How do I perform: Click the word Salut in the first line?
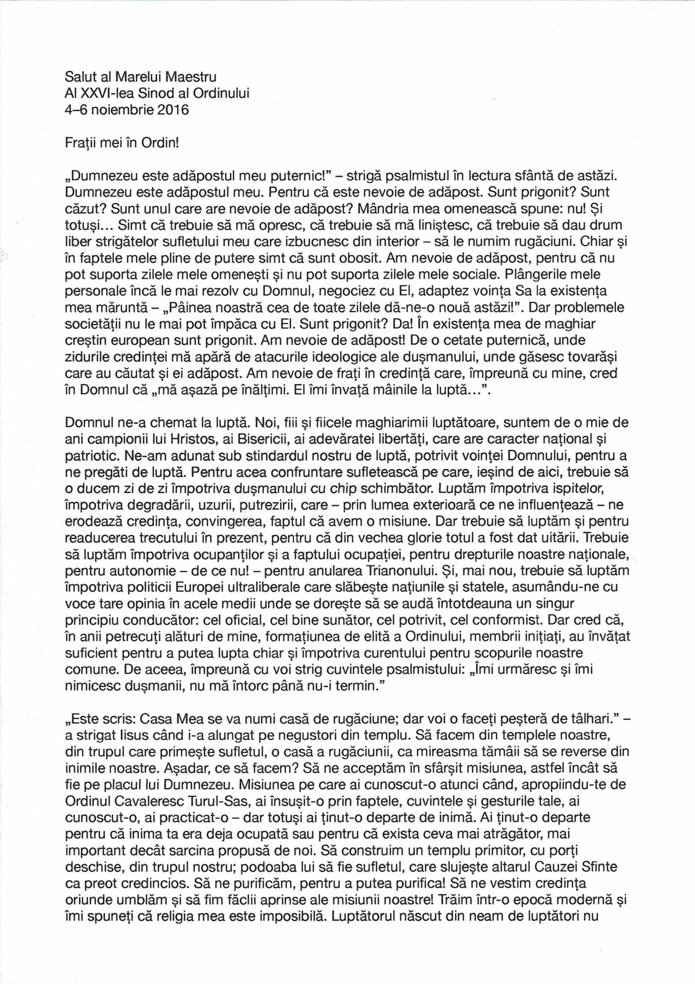(x=80, y=77)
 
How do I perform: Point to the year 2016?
(x=172, y=110)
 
